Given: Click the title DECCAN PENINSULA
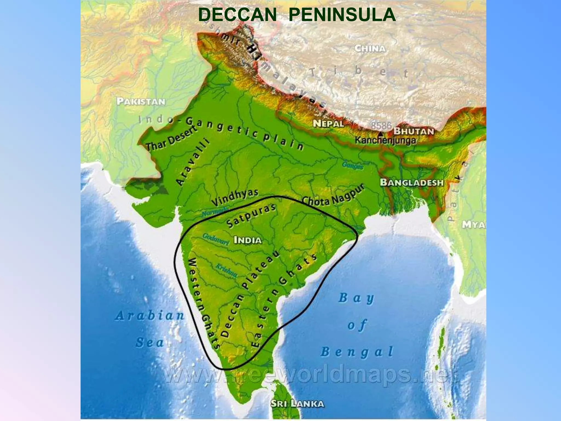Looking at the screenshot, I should [297, 15].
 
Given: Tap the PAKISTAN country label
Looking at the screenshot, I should [141, 101].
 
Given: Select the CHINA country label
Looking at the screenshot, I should [370, 49].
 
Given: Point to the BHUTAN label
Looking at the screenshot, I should [414, 131].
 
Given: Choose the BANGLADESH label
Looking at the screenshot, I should [412, 183].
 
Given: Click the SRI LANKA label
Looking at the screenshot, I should [297, 403].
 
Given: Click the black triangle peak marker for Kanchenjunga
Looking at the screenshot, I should [381, 134].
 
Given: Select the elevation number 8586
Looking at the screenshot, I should [381, 126].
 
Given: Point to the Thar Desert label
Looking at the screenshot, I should [171, 138].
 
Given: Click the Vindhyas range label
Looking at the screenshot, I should [235, 197].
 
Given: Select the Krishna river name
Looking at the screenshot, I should [227, 271].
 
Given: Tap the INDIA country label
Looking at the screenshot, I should [248, 240].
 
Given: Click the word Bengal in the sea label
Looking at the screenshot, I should [357, 352].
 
